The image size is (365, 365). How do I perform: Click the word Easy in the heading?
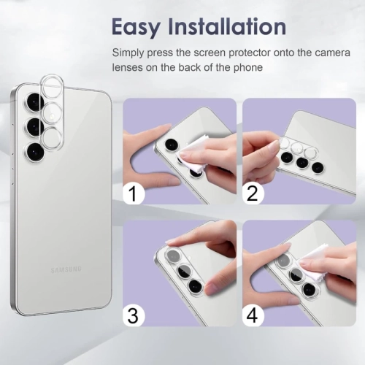137,27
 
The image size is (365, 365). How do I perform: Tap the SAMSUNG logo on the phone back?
66,269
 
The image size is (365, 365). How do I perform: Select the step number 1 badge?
134,194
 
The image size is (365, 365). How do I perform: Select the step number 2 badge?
253,194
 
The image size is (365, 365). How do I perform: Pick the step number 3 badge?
134,315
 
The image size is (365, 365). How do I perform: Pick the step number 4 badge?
253,315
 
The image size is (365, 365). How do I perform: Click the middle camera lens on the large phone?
34,126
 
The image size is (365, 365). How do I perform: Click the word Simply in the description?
128,53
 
